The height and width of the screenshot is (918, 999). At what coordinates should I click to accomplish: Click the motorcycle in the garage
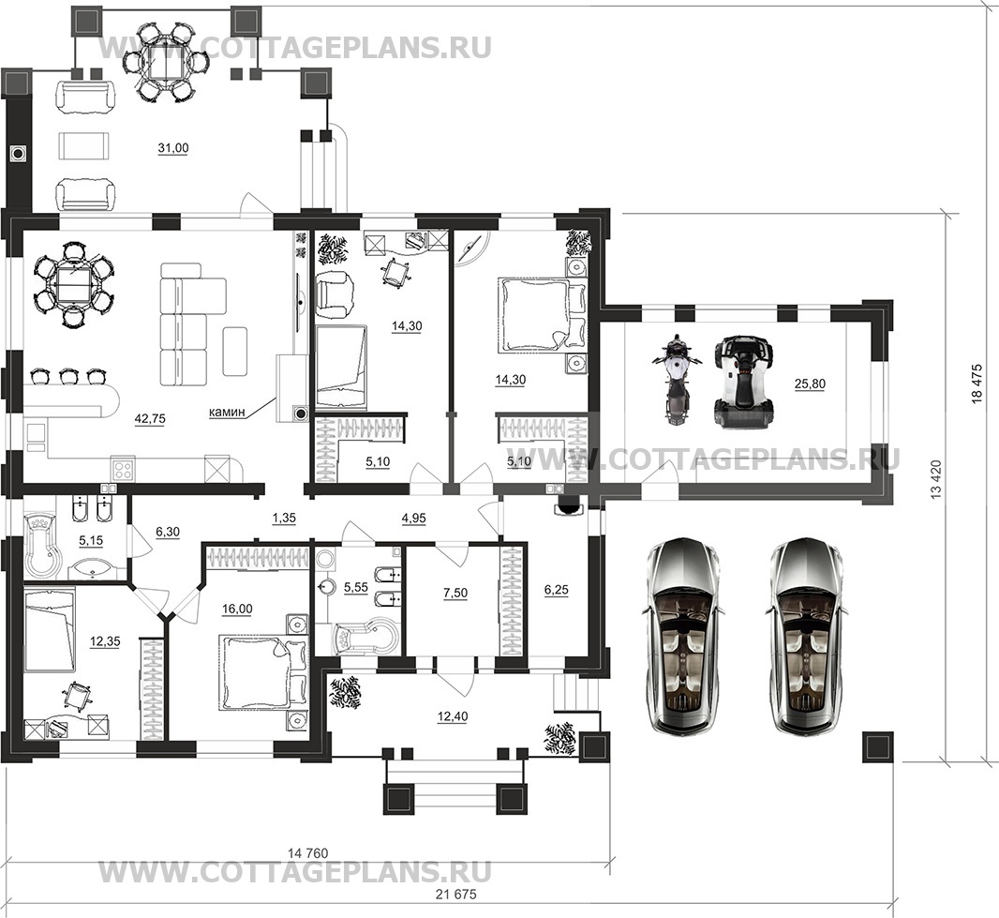(x=676, y=381)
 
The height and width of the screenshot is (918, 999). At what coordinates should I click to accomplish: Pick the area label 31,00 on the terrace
(x=173, y=148)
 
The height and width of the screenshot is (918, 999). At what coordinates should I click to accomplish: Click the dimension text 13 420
(x=935, y=479)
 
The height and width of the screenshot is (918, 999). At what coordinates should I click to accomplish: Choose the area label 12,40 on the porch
(x=453, y=716)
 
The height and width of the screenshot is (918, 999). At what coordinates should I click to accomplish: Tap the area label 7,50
(x=455, y=593)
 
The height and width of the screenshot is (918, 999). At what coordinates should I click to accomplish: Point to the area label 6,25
(x=557, y=591)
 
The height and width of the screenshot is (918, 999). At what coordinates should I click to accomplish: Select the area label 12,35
(x=105, y=641)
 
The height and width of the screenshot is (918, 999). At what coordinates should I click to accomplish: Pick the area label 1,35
(x=284, y=519)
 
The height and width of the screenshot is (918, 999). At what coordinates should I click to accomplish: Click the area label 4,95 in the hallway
(x=413, y=519)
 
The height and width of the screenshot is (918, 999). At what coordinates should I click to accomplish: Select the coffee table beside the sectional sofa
(x=234, y=352)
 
